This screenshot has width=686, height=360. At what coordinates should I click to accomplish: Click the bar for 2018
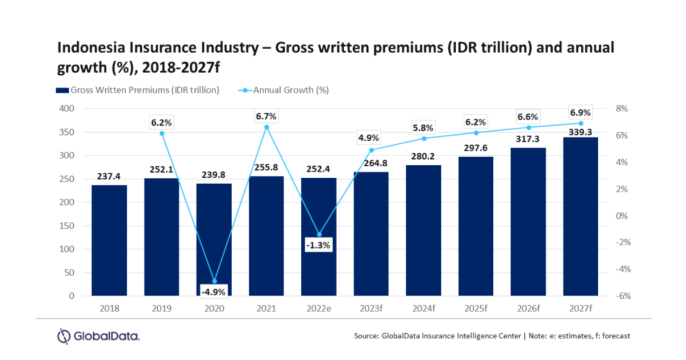[x=109, y=240]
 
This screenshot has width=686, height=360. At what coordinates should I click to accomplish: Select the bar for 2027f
[x=580, y=217]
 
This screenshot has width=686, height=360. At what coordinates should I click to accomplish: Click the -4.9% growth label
[x=214, y=292]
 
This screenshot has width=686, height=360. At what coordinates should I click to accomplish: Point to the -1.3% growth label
[x=318, y=245]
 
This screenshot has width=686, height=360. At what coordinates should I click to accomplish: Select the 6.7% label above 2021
[x=266, y=116]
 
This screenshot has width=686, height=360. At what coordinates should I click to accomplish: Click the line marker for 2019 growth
[x=162, y=133]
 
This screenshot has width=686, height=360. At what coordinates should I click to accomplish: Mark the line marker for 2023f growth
[x=371, y=150]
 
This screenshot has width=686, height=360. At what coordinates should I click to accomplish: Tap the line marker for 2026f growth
[x=528, y=127]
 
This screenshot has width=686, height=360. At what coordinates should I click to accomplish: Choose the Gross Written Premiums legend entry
[x=137, y=90]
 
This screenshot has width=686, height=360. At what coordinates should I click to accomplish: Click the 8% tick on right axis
[x=621, y=109]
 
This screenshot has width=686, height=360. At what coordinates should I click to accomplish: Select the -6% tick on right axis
[x=621, y=296]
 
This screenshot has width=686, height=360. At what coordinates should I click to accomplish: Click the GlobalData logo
[x=98, y=336]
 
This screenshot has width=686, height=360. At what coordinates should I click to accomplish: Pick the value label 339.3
[x=580, y=131]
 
